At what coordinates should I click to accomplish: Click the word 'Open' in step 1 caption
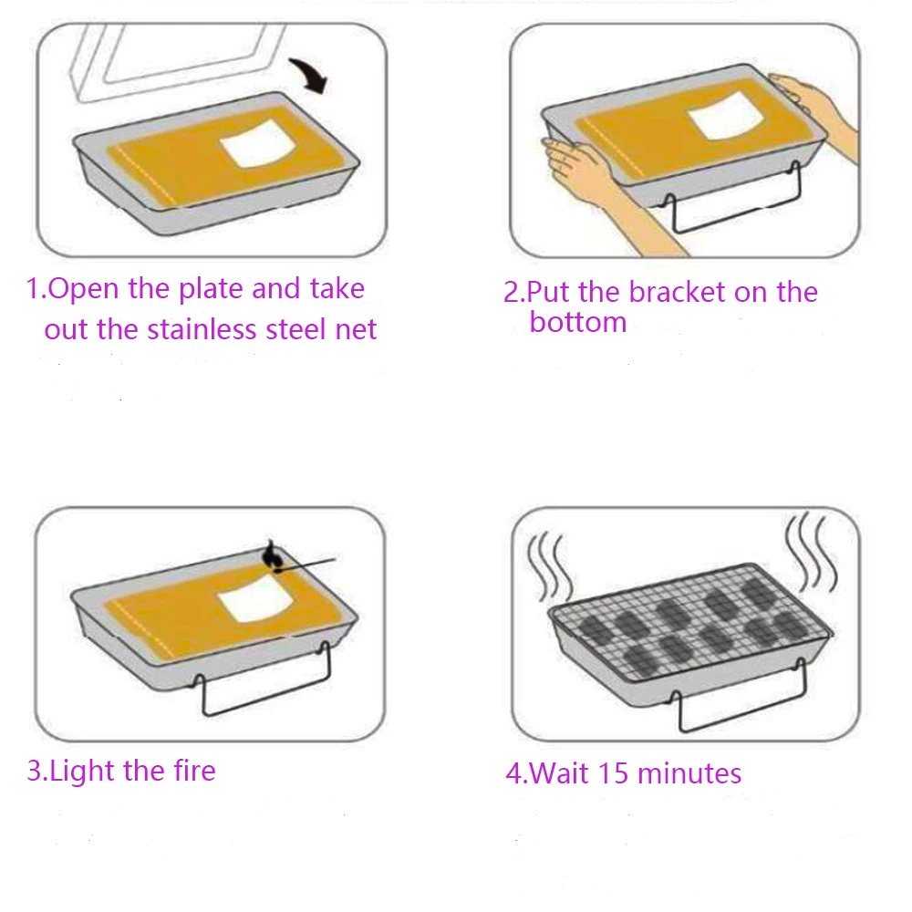point(85,289)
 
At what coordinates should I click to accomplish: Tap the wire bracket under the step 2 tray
point(730,219)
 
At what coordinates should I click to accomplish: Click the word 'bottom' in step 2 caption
point(578,323)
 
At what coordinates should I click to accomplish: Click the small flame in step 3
point(271,554)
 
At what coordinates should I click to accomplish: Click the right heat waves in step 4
point(807,552)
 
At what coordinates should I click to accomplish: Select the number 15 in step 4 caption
point(614,774)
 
